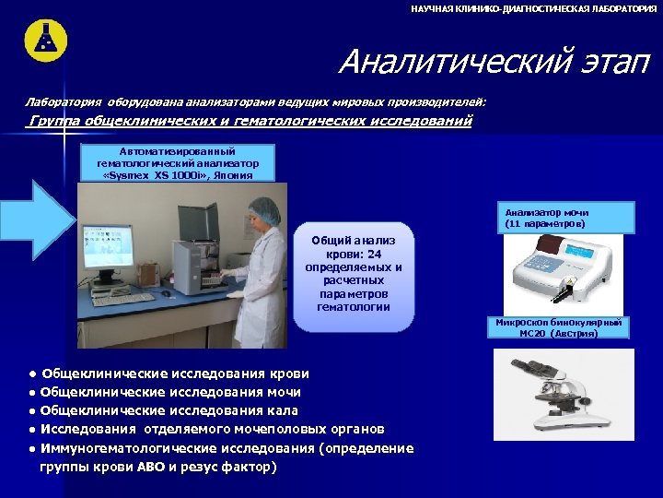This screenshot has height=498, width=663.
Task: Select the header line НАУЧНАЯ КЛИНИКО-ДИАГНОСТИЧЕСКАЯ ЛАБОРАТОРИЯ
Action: pyautogui.click(x=534, y=7)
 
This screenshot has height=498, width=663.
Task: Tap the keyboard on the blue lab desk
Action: pyautogui.click(x=123, y=300)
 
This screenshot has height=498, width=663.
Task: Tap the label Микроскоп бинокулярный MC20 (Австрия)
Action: pyautogui.click(x=559, y=327)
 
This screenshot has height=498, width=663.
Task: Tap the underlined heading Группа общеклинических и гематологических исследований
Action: pyautogui.click(x=250, y=121)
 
